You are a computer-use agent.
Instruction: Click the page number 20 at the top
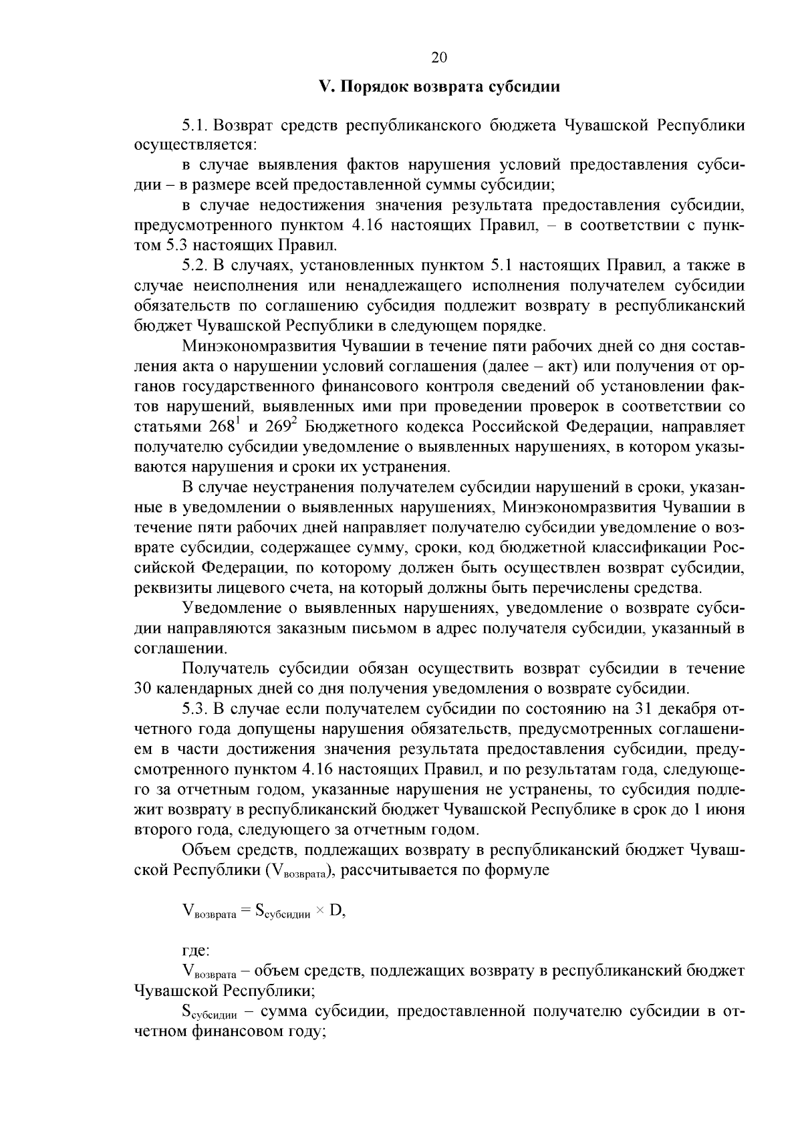click(x=438, y=57)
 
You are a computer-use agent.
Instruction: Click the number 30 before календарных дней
click(x=144, y=688)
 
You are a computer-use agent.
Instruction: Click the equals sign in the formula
click(x=245, y=911)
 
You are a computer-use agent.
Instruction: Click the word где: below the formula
click(x=196, y=949)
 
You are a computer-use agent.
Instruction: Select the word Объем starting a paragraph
click(x=206, y=850)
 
